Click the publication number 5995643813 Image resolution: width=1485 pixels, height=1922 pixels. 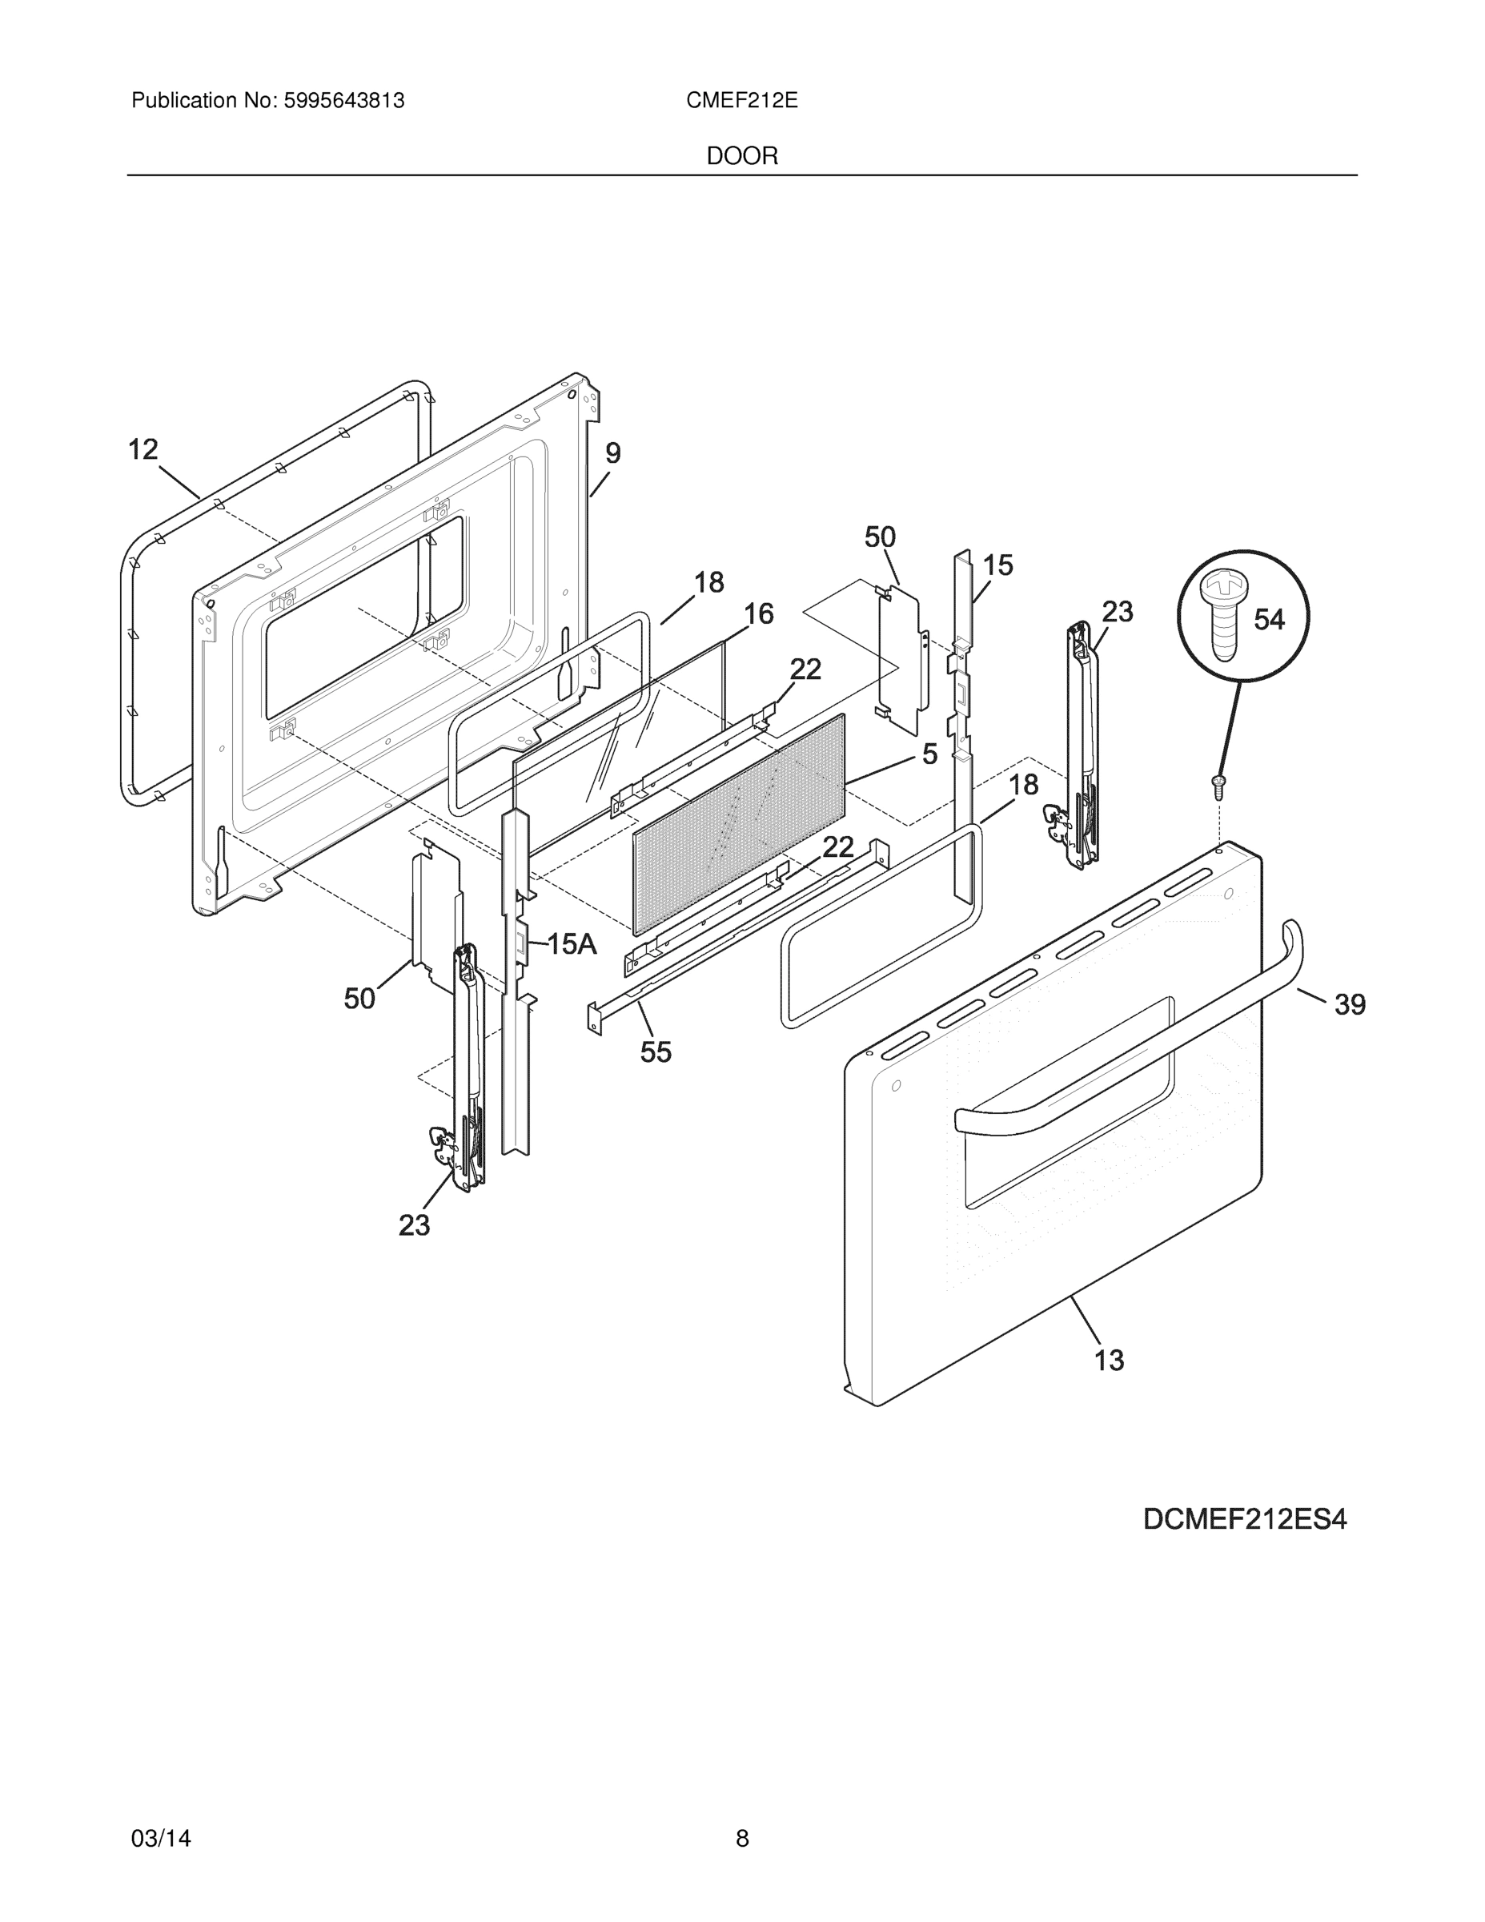click(344, 101)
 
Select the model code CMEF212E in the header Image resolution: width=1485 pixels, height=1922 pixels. click(741, 101)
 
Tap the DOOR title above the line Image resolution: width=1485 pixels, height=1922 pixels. click(741, 157)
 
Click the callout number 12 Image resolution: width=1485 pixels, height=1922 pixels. click(143, 450)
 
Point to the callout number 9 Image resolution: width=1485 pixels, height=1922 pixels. click(613, 453)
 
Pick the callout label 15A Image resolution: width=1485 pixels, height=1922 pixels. click(572, 944)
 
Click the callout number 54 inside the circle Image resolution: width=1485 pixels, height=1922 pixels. click(1269, 620)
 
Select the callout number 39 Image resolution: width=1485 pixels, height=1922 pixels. click(1350, 1004)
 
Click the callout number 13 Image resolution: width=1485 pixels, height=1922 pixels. click(1110, 1361)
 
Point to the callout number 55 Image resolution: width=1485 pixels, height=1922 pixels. click(656, 1051)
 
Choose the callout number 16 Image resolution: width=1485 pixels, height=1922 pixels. click(758, 613)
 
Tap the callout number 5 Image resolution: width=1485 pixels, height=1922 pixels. click(930, 754)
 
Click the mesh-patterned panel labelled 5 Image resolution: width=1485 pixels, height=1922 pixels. click(739, 822)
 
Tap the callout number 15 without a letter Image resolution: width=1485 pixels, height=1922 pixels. click(997, 565)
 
